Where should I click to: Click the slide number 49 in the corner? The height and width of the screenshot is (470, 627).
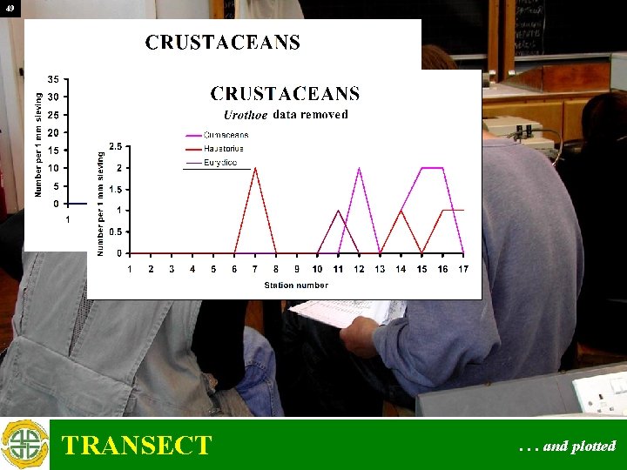(9, 8)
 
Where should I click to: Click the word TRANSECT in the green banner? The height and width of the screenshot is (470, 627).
(137, 446)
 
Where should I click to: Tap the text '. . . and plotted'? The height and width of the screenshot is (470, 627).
(567, 446)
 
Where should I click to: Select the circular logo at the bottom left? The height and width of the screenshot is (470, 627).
(24, 445)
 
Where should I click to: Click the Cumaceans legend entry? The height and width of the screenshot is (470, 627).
(226, 135)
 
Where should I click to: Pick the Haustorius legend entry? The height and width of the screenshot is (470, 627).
(226, 149)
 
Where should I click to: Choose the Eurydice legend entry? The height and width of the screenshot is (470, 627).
(224, 163)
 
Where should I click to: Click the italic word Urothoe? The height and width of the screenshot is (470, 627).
(246, 115)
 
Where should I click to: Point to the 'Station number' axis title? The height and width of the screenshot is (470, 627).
(296, 285)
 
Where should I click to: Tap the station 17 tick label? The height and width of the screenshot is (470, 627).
(463, 269)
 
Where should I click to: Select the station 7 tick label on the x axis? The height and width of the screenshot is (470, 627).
(255, 269)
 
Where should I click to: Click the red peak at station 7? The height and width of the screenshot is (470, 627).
(255, 168)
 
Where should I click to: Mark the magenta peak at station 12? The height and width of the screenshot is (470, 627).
(360, 168)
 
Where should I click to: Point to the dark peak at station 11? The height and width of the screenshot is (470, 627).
(339, 211)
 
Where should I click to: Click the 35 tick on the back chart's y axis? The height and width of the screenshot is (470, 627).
(53, 79)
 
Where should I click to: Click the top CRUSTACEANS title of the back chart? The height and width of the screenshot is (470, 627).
(223, 43)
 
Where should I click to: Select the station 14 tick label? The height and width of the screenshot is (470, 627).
(401, 269)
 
